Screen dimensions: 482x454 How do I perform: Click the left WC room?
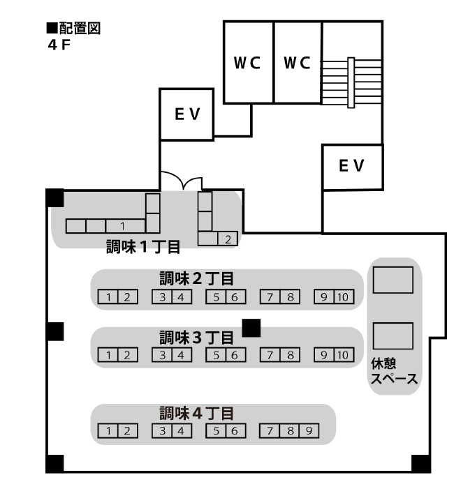247,63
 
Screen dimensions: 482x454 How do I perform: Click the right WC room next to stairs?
298,63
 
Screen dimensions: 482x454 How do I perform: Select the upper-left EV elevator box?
186,114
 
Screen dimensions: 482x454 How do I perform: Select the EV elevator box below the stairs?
352,166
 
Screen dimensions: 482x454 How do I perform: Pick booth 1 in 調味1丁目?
122,226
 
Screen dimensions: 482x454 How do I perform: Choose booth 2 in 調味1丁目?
228,239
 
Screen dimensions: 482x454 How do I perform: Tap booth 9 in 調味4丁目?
309,430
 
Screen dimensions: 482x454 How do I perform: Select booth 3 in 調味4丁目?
162,430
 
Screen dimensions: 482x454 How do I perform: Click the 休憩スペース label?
394,372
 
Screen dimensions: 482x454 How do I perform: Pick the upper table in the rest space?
393,280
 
